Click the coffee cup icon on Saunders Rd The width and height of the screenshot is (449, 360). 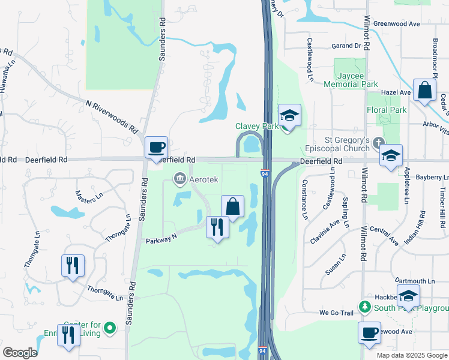point(156,147)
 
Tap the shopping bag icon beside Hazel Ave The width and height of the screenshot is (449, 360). point(424,91)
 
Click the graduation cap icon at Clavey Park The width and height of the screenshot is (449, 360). point(289,115)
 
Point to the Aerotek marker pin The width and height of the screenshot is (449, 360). point(179,178)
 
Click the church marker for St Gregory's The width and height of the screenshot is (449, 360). point(378,143)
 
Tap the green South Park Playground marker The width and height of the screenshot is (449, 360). point(364,307)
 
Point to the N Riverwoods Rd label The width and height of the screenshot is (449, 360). point(112,117)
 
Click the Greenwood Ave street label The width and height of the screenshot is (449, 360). point(396,24)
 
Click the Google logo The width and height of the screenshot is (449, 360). point(20,353)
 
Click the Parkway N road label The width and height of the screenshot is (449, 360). point(161,240)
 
